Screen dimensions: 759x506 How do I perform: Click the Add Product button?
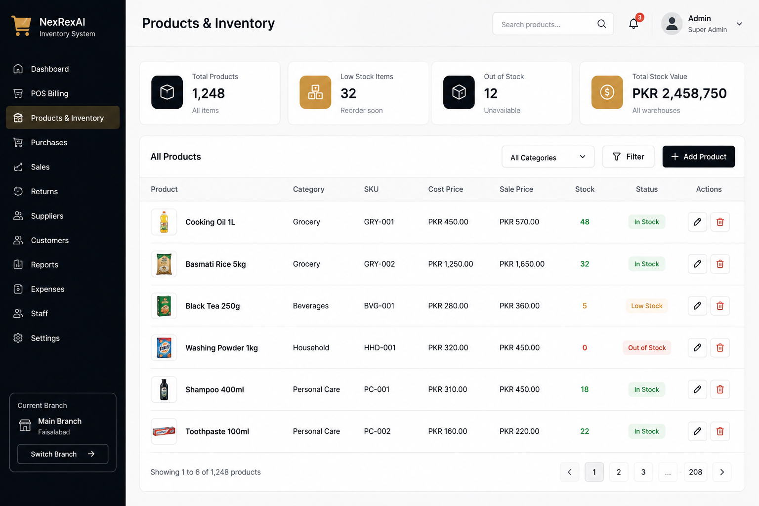tap(698, 157)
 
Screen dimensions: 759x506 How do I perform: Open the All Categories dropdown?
tap(548, 157)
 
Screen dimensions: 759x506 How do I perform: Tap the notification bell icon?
tap(633, 24)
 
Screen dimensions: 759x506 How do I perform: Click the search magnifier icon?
tap(601, 24)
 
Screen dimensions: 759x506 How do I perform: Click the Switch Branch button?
tap(63, 454)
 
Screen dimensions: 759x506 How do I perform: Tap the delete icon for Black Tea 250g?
tap(719, 306)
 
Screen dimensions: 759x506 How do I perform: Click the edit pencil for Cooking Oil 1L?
tap(697, 222)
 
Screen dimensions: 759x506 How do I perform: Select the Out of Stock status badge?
tap(646, 348)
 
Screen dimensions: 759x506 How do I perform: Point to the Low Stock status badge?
tap(646, 306)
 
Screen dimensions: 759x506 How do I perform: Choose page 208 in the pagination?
tap(695, 472)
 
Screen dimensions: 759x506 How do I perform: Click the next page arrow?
tap(722, 472)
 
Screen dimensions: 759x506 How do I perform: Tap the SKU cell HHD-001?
tap(379, 348)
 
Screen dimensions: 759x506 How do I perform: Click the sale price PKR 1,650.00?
tap(522, 264)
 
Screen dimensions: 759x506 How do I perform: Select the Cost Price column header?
tap(446, 189)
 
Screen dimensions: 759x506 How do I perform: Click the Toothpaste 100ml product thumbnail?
tap(164, 431)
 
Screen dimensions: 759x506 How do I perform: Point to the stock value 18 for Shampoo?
tap(585, 389)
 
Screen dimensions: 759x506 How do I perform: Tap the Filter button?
tap(628, 157)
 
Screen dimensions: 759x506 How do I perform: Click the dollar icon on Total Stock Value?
tap(607, 92)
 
